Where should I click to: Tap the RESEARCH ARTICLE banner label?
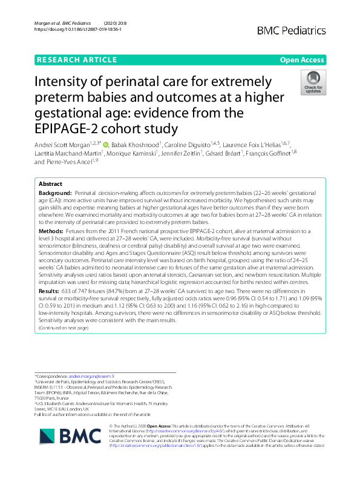point(76,59)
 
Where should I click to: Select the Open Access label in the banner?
point(303,59)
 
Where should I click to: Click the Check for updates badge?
point(313,82)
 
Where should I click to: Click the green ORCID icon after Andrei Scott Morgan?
point(106,145)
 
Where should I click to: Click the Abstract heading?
point(50,183)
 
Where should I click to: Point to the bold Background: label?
point(55,191)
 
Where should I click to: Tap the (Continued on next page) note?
point(63,328)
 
